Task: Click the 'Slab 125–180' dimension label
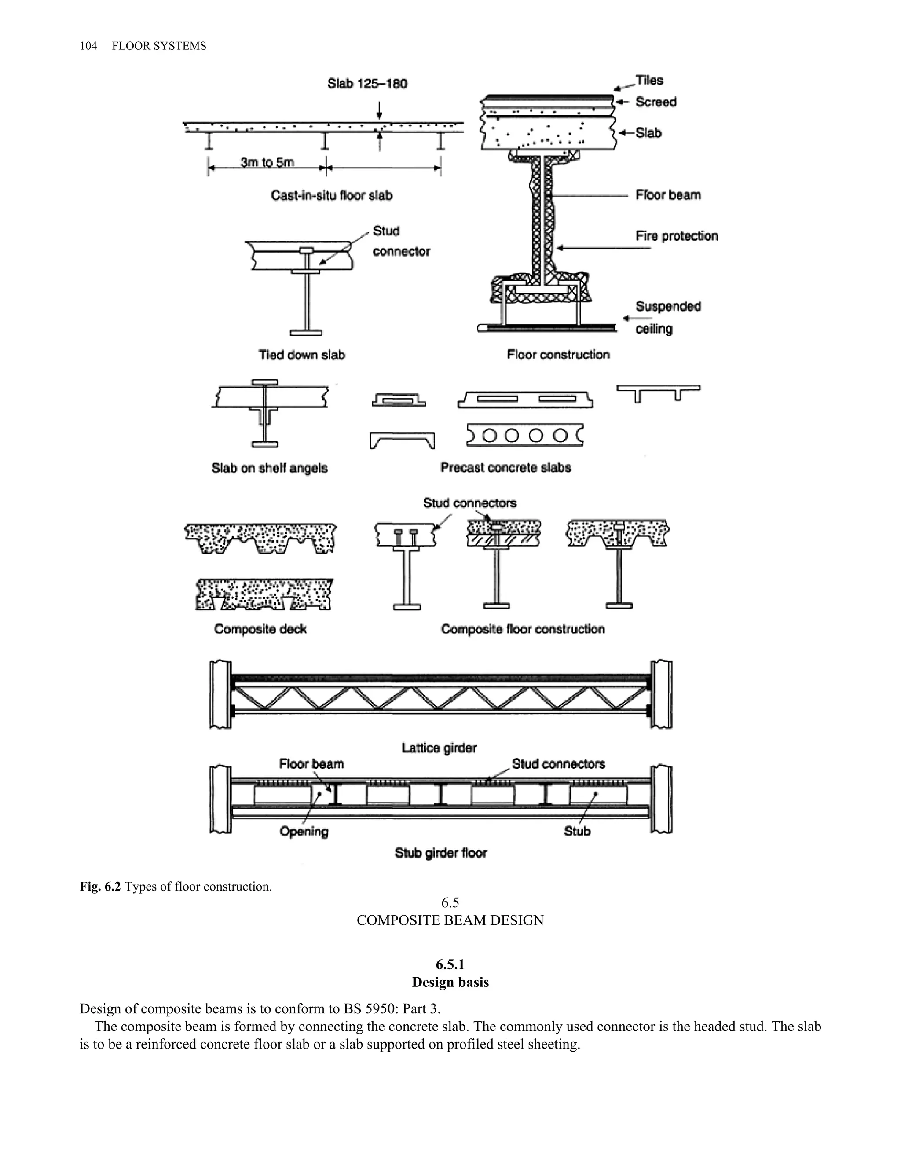point(367,84)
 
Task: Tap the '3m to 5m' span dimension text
point(267,162)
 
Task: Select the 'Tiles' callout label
point(649,81)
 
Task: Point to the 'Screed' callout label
point(656,102)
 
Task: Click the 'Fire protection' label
point(676,236)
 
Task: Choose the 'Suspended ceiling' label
point(668,317)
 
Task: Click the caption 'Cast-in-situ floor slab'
point(331,195)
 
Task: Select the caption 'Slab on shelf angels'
point(270,468)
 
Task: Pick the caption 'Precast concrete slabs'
point(505,468)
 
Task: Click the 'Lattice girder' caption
point(439,748)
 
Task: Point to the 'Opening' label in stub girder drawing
point(304,831)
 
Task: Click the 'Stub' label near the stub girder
point(577,831)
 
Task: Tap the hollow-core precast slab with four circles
point(524,436)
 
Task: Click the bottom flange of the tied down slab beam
point(306,333)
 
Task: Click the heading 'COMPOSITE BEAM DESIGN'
point(450,920)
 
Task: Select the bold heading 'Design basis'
point(450,983)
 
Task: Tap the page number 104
point(88,46)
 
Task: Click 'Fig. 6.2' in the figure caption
point(100,887)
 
